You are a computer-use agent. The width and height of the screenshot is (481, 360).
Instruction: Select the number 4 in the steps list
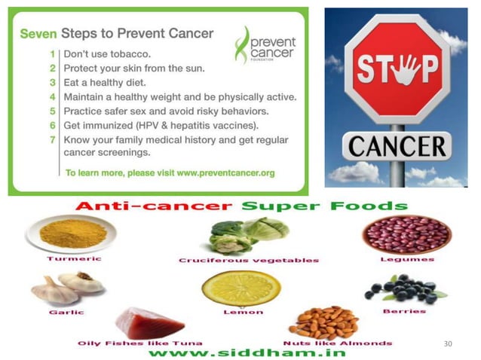coord(52,97)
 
